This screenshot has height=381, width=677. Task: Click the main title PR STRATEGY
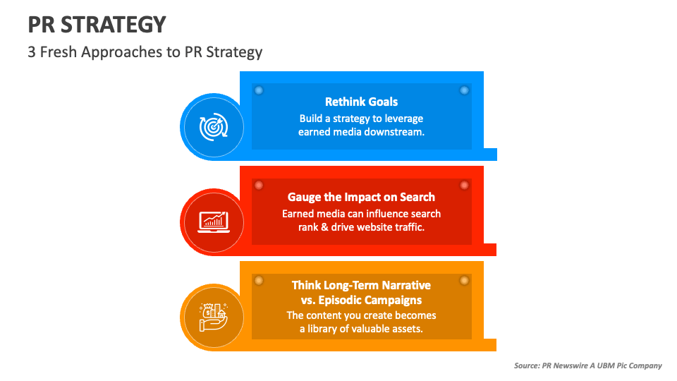[97, 25]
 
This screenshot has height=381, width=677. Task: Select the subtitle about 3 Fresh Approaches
[145, 52]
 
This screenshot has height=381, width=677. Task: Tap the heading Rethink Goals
[361, 102]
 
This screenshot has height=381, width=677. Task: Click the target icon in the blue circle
[212, 128]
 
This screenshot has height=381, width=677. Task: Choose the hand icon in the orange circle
[212, 317]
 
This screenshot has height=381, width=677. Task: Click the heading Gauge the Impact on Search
[361, 197]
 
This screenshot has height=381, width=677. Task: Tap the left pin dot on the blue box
[258, 90]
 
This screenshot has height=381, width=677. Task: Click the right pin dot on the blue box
[464, 90]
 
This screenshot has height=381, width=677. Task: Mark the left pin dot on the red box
[258, 185]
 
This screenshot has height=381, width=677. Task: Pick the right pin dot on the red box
[464, 185]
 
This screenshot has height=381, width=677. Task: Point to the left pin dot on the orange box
[258, 280]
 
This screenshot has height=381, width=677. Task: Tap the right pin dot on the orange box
[464, 280]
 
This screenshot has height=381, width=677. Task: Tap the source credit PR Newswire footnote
[588, 365]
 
